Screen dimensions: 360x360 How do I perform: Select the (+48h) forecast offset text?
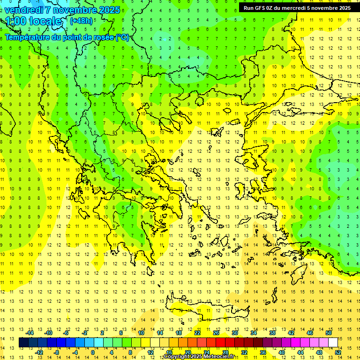tap(81, 21)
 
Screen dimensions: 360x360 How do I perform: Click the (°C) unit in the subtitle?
tap(122, 37)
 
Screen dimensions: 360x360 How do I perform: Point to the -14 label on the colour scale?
tap(30, 332)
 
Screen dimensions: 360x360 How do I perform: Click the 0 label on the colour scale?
tap(93, 352)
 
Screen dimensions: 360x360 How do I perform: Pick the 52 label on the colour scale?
tap(338, 352)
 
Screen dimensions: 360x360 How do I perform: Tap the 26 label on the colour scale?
tap(216, 332)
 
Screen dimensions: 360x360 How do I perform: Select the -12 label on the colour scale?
tap(39, 352)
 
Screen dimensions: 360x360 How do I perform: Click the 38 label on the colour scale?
tap(272, 332)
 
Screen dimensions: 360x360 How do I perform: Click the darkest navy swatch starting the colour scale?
tap(23, 342)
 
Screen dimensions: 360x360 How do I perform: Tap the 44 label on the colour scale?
tap(300, 352)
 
